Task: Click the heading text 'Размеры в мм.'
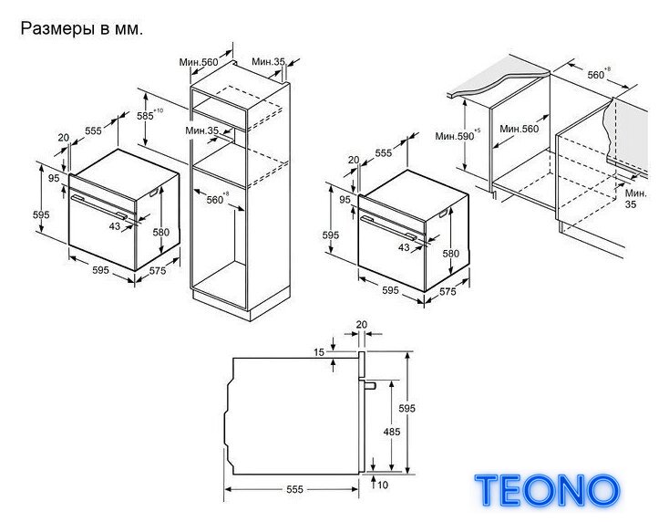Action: [82, 29]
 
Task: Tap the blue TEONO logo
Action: [548, 490]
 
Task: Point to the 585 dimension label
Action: [146, 116]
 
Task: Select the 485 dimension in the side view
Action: [392, 432]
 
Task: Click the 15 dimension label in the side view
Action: [319, 352]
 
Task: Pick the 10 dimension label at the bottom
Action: [383, 485]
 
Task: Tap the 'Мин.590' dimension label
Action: [455, 136]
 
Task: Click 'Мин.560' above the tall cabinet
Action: [199, 62]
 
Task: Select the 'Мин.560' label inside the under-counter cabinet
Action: [520, 129]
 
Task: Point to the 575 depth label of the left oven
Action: [158, 270]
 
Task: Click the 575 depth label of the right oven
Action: [448, 291]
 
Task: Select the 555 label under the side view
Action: [294, 489]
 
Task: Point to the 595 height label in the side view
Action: [407, 408]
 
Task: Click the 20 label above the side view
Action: [361, 325]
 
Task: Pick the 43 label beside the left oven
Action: [115, 226]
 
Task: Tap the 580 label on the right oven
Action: [451, 254]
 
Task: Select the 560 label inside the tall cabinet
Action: [215, 200]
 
